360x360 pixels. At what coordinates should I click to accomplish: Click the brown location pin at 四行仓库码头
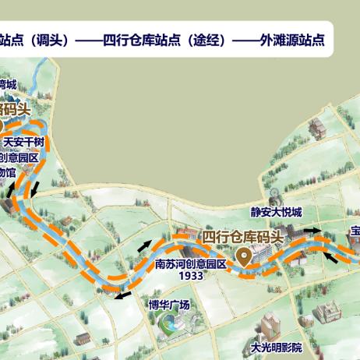coord(245,256)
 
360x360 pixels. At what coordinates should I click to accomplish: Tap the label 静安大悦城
coord(275,212)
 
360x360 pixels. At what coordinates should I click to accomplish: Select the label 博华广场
coord(169,305)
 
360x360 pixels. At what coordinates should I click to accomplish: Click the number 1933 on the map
coord(191,275)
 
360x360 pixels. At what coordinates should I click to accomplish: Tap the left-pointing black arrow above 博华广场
coord(122,294)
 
